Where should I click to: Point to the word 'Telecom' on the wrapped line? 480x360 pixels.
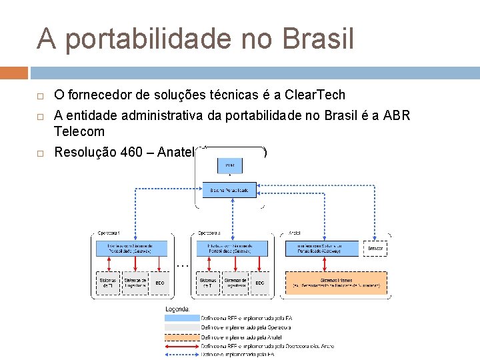click(x=79, y=132)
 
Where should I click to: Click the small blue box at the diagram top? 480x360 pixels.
click(x=229, y=165)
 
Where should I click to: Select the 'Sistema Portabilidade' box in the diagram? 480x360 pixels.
click(x=229, y=191)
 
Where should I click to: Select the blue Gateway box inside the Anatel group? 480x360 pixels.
click(x=322, y=248)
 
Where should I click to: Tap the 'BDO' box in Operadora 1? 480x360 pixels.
click(x=160, y=283)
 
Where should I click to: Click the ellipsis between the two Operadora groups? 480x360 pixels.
click(x=183, y=265)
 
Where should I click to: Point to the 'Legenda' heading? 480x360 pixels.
click(x=178, y=309)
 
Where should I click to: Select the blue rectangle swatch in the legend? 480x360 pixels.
click(x=182, y=319)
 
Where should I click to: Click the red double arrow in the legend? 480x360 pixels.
click(x=182, y=346)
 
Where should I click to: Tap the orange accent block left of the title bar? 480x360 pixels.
click(x=14, y=73)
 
